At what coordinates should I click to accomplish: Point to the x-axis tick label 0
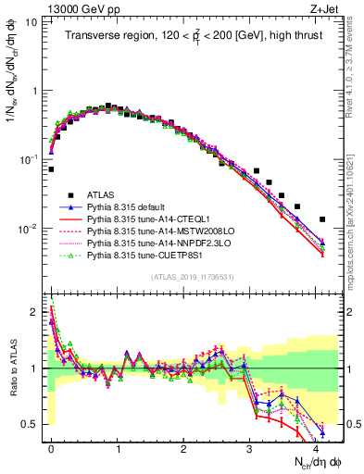click(x=51, y=446)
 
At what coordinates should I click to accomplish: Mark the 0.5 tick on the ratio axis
click(x=31, y=424)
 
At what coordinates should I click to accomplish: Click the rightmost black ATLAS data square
click(x=322, y=219)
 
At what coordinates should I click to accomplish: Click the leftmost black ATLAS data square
click(x=51, y=169)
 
